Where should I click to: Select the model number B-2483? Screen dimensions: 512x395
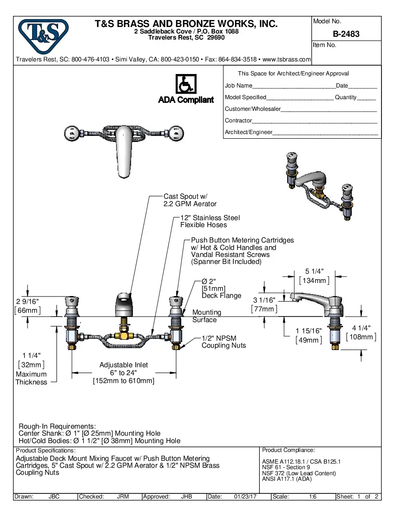pyautogui.click(x=346, y=34)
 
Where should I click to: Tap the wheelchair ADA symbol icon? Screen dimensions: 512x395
pyautogui.click(x=186, y=85)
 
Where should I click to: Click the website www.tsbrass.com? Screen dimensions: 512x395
pyautogui.click(x=287, y=60)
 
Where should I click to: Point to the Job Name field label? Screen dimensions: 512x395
pyautogui.click(x=238, y=86)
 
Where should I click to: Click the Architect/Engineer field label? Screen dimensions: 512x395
pyautogui.click(x=248, y=132)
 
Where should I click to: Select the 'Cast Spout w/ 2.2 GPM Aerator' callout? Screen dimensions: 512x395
pyautogui.click(x=190, y=200)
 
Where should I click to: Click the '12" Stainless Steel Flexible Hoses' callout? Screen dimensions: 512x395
pyautogui.click(x=210, y=221)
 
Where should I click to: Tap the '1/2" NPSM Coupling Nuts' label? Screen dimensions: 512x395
pyautogui.click(x=224, y=342)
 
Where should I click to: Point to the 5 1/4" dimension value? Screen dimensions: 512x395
pyautogui.click(x=314, y=271)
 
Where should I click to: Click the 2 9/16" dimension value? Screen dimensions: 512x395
pyautogui.click(x=27, y=302)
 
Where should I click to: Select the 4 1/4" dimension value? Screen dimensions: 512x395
pyautogui.click(x=361, y=328)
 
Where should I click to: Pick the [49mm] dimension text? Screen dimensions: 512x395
pyautogui.click(x=309, y=340)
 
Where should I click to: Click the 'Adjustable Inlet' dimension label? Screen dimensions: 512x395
pyautogui.click(x=123, y=365)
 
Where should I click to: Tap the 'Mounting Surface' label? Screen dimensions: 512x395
pyautogui.click(x=206, y=316)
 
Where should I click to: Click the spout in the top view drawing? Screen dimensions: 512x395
pyautogui.click(x=123, y=151)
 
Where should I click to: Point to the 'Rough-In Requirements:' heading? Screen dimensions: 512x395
pyautogui.click(x=57, y=426)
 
